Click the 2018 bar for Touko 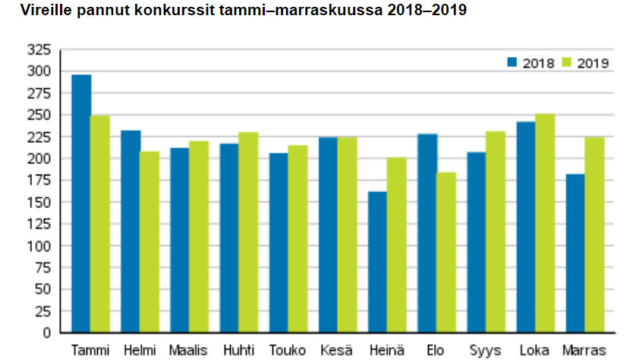tap(279, 243)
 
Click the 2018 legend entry tap(530, 63)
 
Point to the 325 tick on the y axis tap(39, 50)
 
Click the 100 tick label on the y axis tap(39, 246)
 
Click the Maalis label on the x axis tap(189, 350)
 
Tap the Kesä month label tap(338, 350)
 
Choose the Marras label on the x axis tap(585, 350)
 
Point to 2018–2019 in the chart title tap(427, 11)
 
